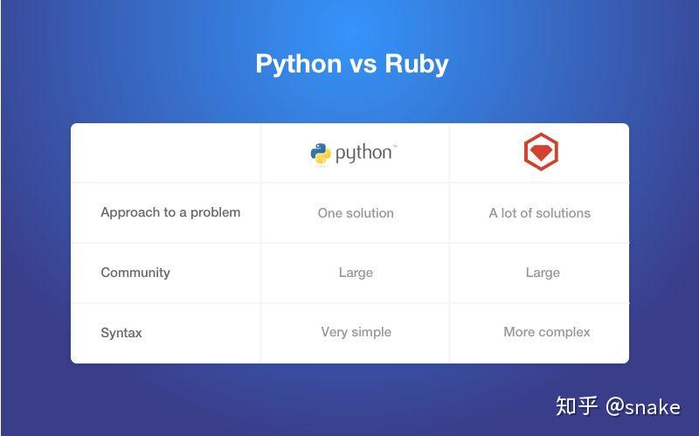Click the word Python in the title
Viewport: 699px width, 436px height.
point(299,64)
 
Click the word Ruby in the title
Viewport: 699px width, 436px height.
point(417,64)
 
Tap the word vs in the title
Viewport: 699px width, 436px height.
point(363,65)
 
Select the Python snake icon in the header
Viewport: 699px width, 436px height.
point(321,154)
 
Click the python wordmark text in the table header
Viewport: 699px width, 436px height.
point(363,154)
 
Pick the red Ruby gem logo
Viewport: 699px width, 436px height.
point(541,152)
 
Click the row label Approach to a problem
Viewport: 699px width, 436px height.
point(170,212)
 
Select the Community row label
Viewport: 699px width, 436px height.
point(135,273)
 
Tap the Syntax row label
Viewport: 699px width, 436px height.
point(121,333)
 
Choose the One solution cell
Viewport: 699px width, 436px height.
point(356,213)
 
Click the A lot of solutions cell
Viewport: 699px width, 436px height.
point(539,213)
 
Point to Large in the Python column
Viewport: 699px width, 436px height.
point(356,273)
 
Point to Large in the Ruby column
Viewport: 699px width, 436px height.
point(543,273)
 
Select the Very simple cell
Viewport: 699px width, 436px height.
point(356,332)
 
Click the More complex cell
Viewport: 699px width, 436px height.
point(547,332)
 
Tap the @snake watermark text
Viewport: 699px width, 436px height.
point(643,407)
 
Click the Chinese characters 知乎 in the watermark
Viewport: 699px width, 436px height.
point(577,406)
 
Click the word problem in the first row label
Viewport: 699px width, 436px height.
point(215,212)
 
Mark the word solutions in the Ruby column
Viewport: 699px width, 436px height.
point(563,213)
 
